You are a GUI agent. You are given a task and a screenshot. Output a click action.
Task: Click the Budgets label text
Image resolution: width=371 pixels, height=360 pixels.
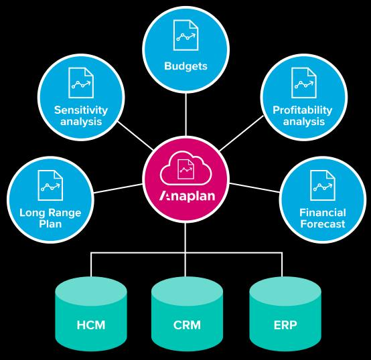pos(185,67)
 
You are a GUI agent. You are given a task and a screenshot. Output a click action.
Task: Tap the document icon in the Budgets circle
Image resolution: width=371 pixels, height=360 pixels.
pos(185,38)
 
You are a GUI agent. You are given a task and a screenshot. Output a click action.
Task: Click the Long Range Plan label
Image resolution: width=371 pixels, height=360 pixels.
pos(50,218)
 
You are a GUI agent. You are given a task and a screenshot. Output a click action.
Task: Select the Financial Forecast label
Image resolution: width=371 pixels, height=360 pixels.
pos(322,218)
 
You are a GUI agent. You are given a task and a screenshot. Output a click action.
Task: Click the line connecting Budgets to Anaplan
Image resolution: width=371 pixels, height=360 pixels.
pos(185,114)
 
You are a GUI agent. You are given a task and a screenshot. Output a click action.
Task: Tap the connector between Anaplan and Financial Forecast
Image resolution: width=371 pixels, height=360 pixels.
pos(253,187)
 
